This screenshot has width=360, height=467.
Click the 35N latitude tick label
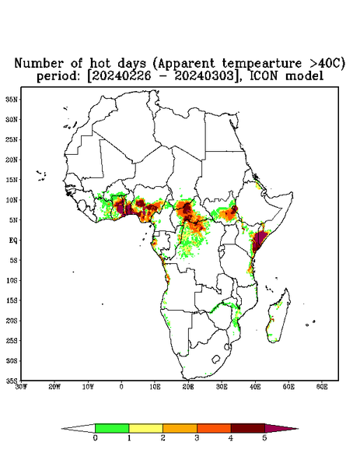point(12,99)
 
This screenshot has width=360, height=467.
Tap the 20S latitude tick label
point(12,321)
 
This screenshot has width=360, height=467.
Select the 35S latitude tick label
point(12,381)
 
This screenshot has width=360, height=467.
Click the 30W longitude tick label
point(22,387)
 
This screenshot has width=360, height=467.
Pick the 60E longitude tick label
point(322,387)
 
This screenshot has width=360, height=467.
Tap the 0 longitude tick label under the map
point(121,387)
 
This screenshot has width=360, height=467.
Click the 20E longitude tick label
point(188,387)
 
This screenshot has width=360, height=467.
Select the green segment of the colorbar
point(112,428)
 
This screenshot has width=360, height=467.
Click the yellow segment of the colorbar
point(145,428)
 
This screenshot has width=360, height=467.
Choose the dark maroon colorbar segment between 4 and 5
point(248,428)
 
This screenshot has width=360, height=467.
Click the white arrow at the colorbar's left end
point(79,428)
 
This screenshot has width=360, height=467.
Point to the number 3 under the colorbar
point(197,438)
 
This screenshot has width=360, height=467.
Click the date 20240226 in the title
point(121,76)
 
